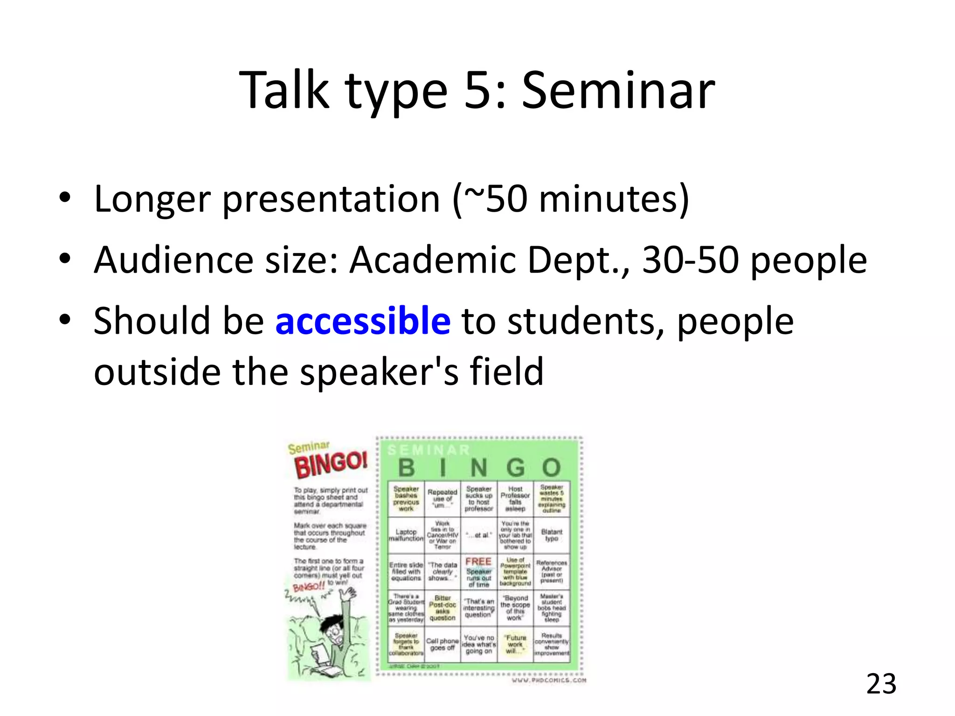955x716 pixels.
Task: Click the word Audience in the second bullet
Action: (173, 260)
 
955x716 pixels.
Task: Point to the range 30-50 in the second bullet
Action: (691, 260)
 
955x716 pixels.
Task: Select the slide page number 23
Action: (881, 684)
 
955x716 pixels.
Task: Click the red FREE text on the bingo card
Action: (478, 562)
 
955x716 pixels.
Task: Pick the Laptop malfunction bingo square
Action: (406, 535)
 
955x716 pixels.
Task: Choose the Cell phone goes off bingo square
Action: (442, 644)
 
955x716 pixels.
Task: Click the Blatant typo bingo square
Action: (552, 535)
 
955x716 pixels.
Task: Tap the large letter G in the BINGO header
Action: (515, 468)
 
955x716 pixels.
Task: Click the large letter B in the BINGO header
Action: (406, 468)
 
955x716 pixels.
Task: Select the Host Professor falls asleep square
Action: (515, 499)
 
